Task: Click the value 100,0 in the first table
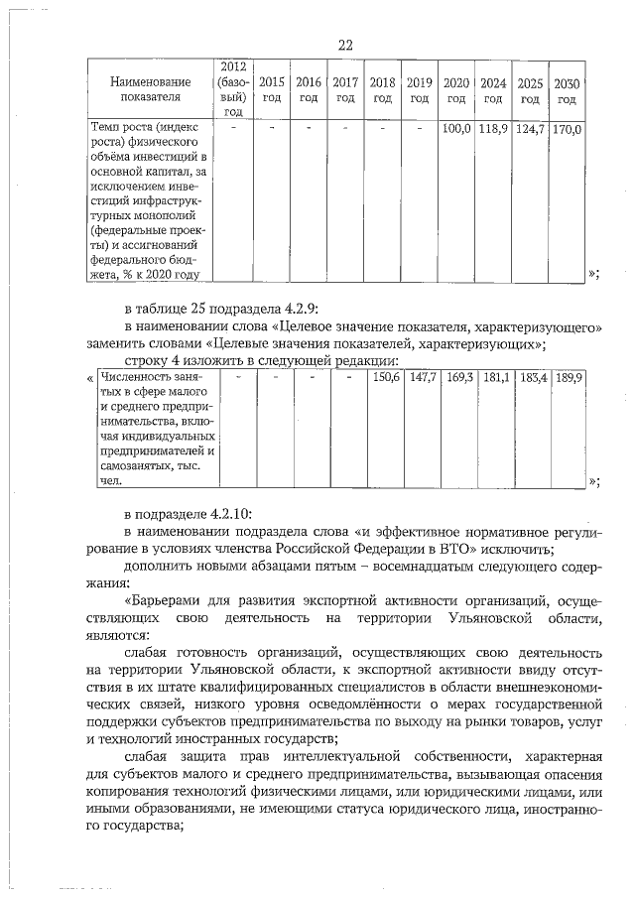point(455,129)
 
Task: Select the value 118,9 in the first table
point(493,129)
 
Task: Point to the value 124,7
point(530,129)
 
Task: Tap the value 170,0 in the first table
point(567,129)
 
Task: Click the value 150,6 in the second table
point(384,378)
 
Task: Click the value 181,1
point(496,378)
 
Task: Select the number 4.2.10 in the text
point(230,513)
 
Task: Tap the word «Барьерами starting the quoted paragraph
point(171,601)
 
